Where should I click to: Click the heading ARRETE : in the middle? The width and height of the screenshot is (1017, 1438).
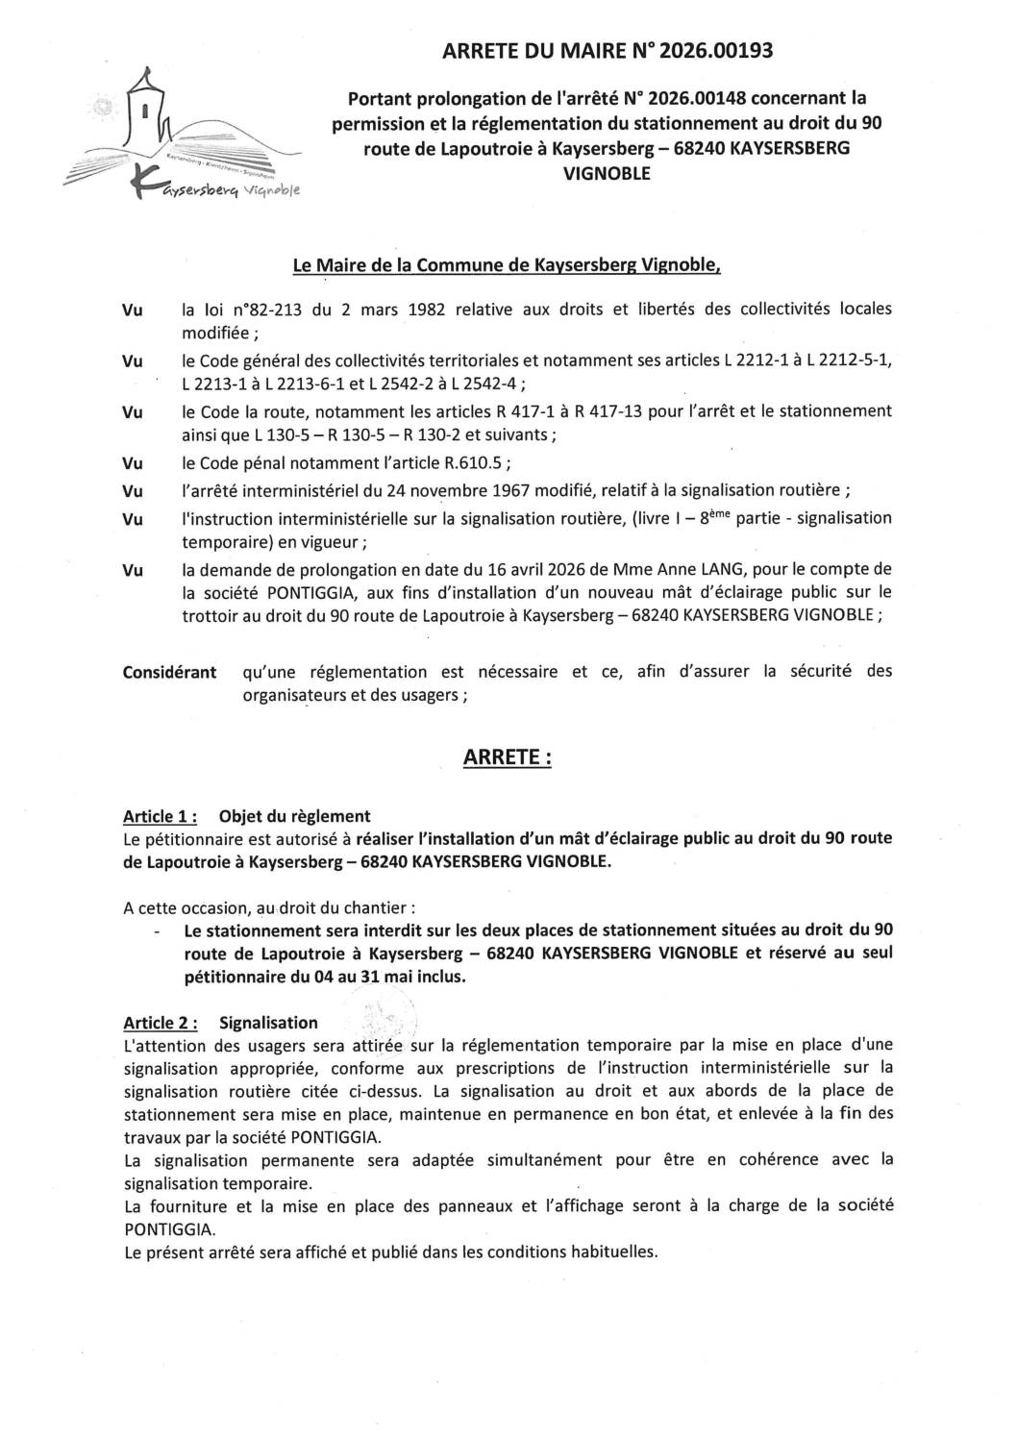tap(508, 757)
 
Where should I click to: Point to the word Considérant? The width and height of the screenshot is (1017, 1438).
tap(169, 672)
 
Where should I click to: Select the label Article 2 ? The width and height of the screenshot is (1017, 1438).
tap(161, 1023)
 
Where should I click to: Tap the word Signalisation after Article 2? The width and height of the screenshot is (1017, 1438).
tap(268, 1023)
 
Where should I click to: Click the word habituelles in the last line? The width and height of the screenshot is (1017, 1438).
tap(612, 1252)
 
